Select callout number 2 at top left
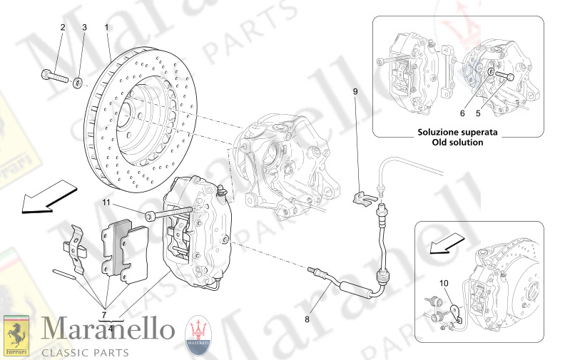62,27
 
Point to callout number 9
355,91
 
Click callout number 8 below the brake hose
307,319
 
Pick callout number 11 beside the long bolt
107,203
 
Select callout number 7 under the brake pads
104,314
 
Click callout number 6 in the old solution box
462,113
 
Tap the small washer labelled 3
78,83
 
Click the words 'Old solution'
457,143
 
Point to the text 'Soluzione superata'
457,133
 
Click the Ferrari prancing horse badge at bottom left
16,335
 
